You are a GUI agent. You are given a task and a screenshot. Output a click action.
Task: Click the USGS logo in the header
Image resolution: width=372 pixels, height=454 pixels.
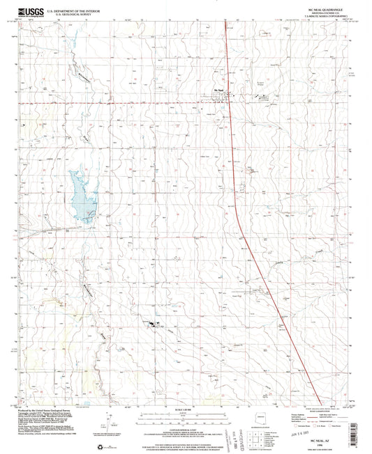point(31,10)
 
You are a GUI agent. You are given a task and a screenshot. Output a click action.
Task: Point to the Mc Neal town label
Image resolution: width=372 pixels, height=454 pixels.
point(218,89)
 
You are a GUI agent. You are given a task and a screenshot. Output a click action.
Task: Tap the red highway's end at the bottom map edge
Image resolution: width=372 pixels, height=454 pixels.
point(308,405)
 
